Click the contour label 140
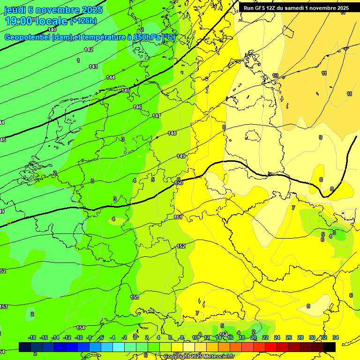point(52,30)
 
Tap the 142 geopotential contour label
point(89,50)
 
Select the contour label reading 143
point(93,67)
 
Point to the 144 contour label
point(111,77)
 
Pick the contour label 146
point(137,107)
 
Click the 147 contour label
point(157,116)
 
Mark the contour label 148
point(172,134)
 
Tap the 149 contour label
point(181,156)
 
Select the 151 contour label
point(178,217)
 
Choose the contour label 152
point(181,246)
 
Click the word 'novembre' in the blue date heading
point(58,10)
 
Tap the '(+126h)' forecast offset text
point(83,21)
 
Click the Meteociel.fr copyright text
point(199,357)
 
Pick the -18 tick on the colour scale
point(32,337)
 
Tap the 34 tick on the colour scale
point(335,337)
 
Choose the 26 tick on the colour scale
point(289,337)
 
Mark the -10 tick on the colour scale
point(79,337)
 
